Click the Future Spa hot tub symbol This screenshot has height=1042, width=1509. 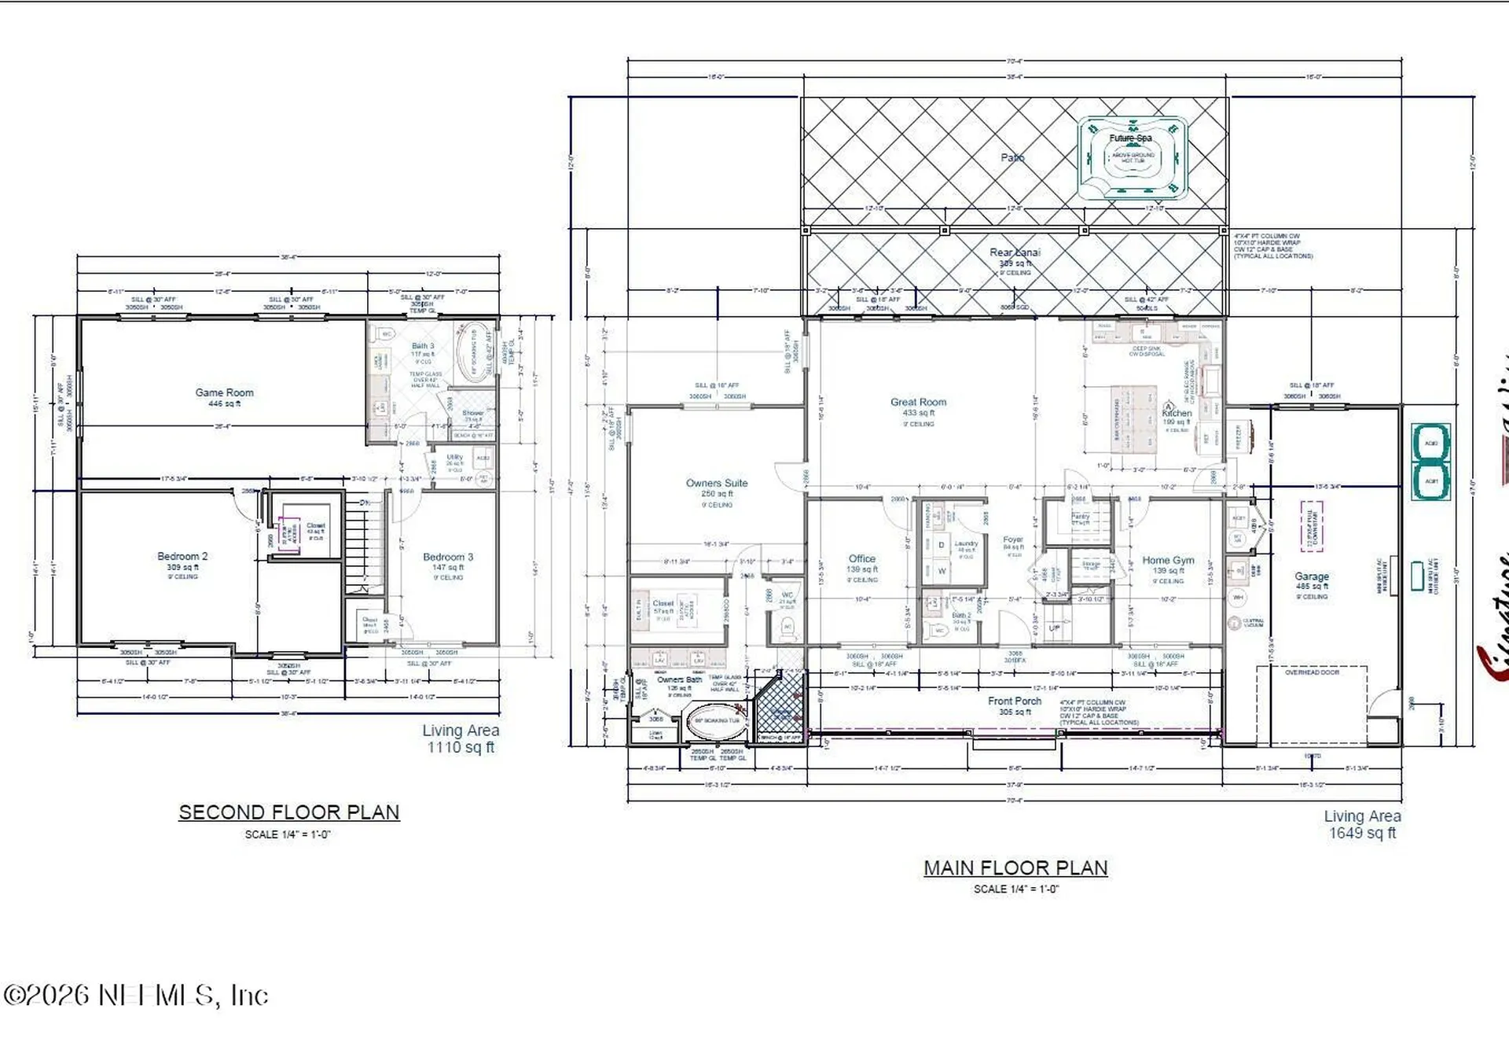[x=1132, y=158]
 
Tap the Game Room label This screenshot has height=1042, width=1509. [x=225, y=392]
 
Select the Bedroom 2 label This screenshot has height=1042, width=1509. [x=182, y=556]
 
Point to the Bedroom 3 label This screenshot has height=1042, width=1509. [x=448, y=557]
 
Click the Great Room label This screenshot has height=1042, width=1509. [x=918, y=402]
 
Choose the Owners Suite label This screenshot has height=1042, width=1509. [x=717, y=483]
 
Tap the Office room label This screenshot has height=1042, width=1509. [x=861, y=558]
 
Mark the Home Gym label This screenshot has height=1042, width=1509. [x=1168, y=560]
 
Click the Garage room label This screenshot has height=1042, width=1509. [x=1311, y=576]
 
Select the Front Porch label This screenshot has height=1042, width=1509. [x=1014, y=701]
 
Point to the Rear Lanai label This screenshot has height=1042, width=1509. [x=1015, y=252]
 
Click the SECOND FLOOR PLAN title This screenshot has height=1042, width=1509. [x=289, y=812]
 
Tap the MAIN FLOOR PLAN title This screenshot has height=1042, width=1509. [x=1015, y=868]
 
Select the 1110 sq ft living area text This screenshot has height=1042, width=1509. [x=461, y=747]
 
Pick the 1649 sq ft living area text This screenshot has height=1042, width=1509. [x=1362, y=833]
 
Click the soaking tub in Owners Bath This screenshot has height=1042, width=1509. [x=716, y=721]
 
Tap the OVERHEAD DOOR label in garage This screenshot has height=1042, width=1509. [x=1312, y=672]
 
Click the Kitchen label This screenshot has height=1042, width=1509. [x=1177, y=413]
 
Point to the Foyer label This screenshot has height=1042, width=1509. [x=1013, y=539]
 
